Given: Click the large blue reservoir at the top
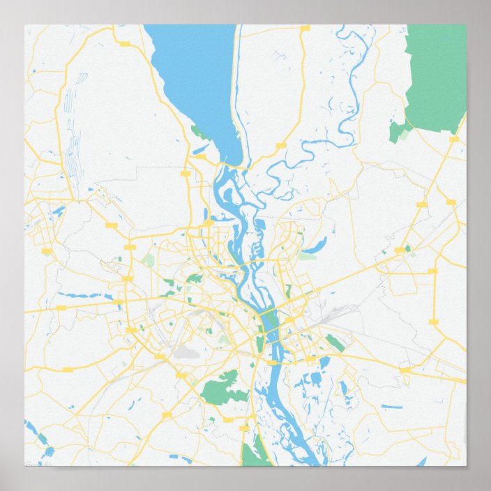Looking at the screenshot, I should point(195,77).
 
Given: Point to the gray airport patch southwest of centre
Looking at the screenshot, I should point(186,353).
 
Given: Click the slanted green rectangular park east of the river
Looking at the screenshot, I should point(335,343).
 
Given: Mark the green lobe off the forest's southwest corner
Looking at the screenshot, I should point(399,130).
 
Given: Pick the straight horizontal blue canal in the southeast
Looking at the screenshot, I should point(391,406).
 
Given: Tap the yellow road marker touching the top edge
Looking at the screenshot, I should point(305,28).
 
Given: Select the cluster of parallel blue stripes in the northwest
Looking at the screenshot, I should point(69,133).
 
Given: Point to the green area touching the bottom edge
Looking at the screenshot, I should point(256,453).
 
